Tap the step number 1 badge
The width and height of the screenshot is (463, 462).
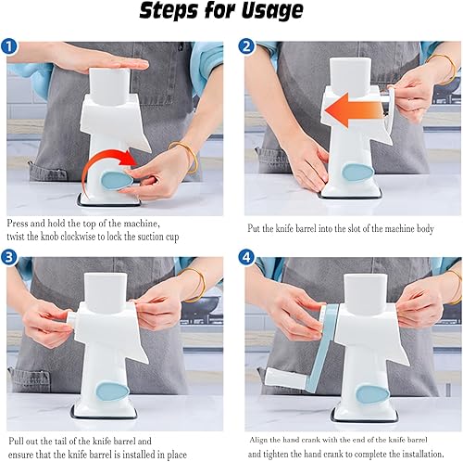click(9, 46)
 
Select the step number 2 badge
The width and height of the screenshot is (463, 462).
click(246, 47)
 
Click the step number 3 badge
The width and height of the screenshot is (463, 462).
click(9, 258)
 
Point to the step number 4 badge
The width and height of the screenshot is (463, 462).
click(246, 258)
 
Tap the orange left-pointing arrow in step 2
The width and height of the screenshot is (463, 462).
click(355, 110)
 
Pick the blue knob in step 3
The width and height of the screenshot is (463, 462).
click(113, 391)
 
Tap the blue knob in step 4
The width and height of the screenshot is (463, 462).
click(372, 394)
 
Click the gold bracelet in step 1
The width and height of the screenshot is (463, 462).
click(185, 156)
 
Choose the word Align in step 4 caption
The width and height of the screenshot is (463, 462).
click(258, 440)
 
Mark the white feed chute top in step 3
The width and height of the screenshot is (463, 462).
click(106, 289)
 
